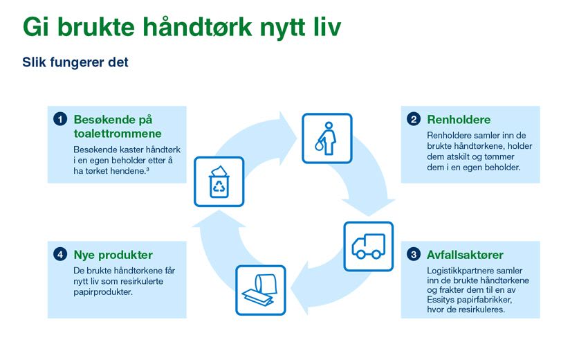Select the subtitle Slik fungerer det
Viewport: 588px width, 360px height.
(x=75, y=62)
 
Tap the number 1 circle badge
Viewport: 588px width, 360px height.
(x=60, y=119)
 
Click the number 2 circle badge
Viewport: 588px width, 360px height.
(x=414, y=119)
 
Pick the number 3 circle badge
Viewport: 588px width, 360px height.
(x=414, y=255)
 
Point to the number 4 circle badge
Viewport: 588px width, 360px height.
(x=60, y=255)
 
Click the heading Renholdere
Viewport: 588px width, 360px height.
(x=459, y=120)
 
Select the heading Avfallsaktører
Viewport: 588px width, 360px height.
(x=465, y=255)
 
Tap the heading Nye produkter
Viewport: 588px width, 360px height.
(x=113, y=255)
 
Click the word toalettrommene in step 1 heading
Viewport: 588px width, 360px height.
(x=118, y=134)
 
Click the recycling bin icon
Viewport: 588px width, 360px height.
(x=219, y=181)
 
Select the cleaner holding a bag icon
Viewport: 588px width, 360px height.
(x=327, y=138)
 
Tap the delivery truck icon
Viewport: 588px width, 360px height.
(x=369, y=246)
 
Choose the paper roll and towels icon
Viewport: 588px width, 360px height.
(x=261, y=290)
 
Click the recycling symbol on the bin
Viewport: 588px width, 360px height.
(x=219, y=186)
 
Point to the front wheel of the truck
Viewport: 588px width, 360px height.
(x=360, y=255)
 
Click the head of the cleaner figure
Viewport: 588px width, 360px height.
(x=329, y=125)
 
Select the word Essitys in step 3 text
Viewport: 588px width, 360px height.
(x=440, y=300)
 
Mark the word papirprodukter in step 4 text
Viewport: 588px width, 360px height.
(x=103, y=292)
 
